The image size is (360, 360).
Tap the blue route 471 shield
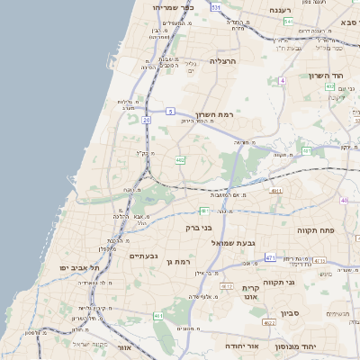point(271,257)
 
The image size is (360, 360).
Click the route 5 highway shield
point(169,111)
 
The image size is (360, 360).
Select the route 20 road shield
point(146,118)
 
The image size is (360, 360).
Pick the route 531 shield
point(216,6)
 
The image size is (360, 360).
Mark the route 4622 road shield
point(270,320)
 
